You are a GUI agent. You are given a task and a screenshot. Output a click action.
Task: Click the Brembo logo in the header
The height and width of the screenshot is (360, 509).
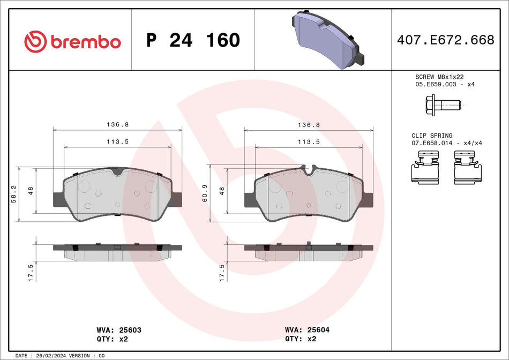[x=72, y=41]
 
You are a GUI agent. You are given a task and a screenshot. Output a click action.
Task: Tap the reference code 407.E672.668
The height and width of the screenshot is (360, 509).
[x=445, y=40]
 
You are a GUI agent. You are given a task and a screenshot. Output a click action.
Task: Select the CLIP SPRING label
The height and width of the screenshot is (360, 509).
[x=431, y=136]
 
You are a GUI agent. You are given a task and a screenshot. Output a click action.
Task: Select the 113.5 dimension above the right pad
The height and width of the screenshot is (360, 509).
[x=309, y=142]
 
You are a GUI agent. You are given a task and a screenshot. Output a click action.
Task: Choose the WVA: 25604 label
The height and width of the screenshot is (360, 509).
[x=308, y=331]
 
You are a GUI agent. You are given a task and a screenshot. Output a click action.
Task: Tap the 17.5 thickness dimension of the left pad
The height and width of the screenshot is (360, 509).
[x=31, y=272]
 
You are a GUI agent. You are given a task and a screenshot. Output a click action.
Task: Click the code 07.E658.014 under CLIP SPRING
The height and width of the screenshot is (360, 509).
[x=432, y=144]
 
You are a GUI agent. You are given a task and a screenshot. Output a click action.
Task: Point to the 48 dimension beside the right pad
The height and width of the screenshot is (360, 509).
[x=222, y=191]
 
